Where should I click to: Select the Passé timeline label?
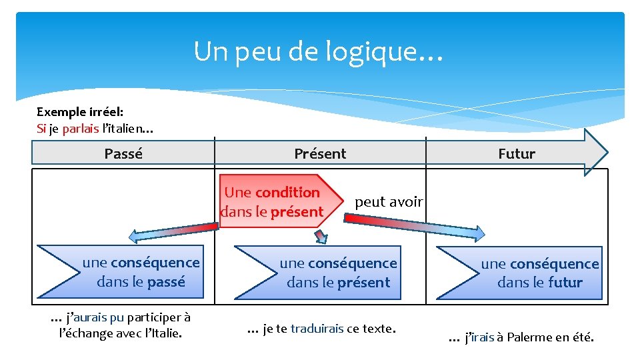pos(123,154)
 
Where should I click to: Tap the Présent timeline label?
pos(320,154)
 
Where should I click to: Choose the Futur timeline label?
pos(517,154)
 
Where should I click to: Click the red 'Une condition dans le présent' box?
pos(273,202)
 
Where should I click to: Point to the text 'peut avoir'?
pos(389,201)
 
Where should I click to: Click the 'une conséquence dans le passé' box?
pos(140,272)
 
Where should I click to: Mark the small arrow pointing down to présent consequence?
pos(321,236)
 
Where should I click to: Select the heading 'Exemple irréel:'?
pos(79,112)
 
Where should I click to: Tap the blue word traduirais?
pos(317,328)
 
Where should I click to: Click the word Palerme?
pos(529,337)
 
